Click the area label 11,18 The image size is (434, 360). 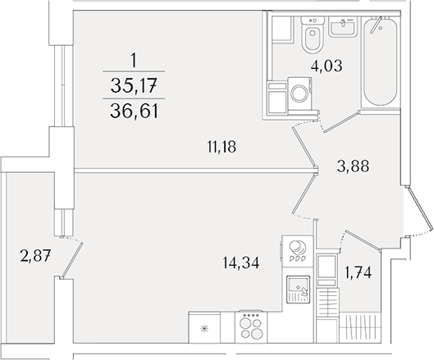[222, 147]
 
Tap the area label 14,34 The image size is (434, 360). [241, 262]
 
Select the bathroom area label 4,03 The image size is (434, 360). [327, 66]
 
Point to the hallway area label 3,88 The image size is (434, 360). [353, 166]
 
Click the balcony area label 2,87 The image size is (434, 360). [35, 256]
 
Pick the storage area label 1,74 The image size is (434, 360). [358, 273]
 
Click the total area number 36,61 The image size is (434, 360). [134, 112]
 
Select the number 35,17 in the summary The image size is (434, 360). [134, 85]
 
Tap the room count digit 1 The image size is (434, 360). [134, 61]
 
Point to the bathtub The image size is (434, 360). [380, 62]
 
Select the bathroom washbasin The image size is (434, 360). [343, 26]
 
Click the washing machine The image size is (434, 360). [299, 93]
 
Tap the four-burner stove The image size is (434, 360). [251, 327]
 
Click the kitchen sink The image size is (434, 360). [298, 289]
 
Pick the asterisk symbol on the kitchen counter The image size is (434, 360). [204, 329]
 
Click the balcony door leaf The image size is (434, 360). [72, 260]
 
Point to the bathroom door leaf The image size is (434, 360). [342, 121]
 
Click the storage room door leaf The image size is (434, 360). [363, 240]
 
